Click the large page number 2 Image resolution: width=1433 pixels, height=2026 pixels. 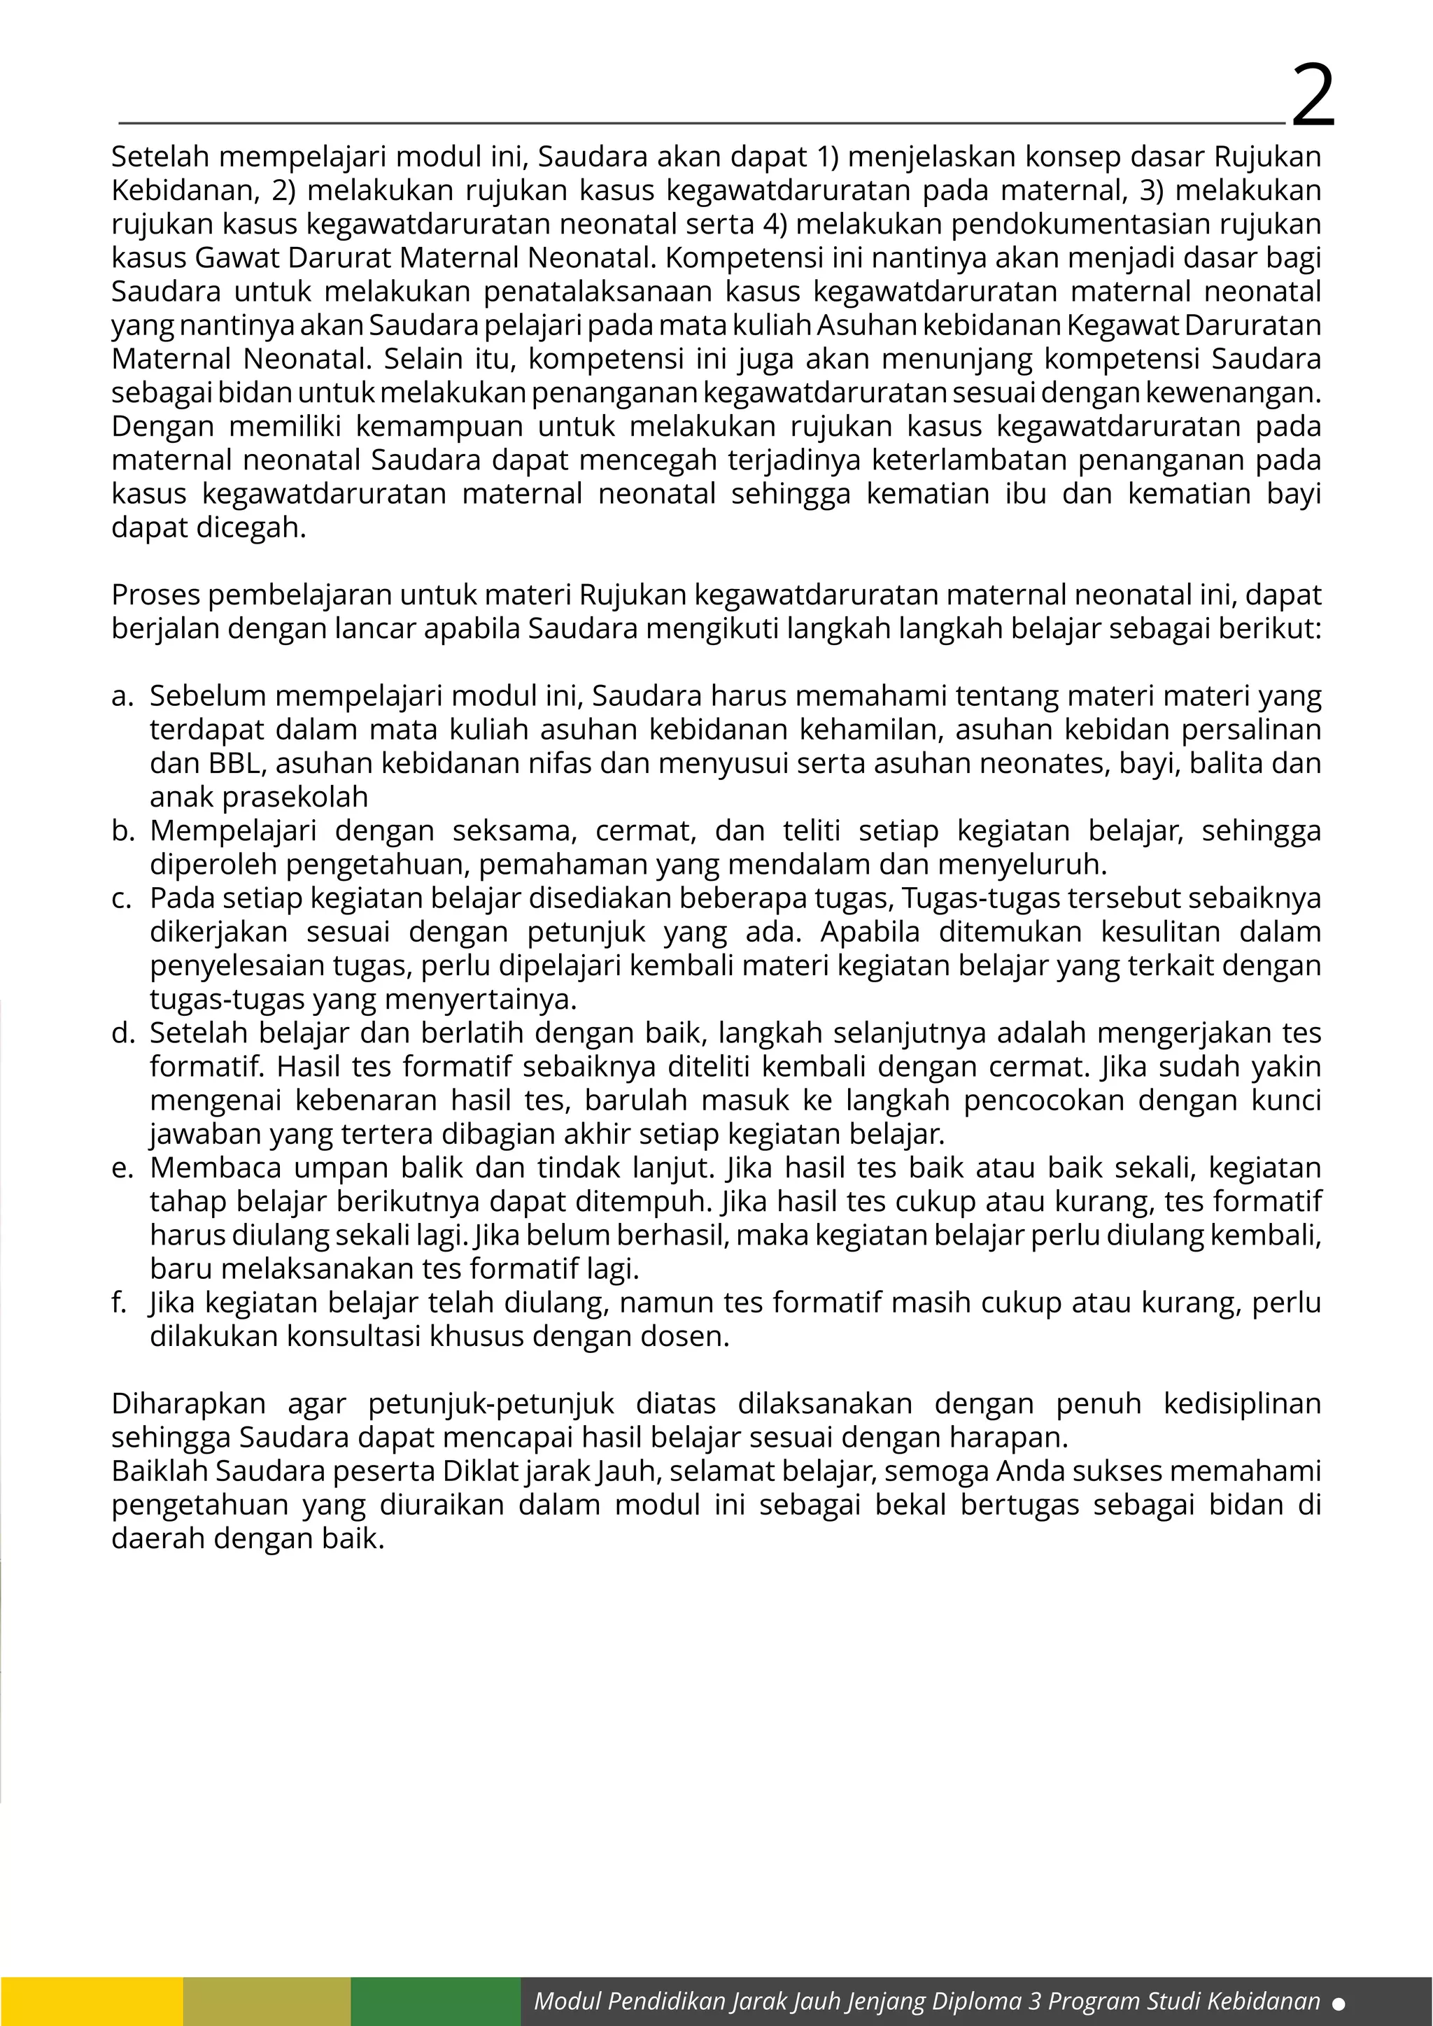pos(1313,95)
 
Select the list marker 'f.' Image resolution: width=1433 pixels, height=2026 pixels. pos(120,1303)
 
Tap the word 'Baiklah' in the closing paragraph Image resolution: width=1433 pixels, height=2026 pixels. pos(159,1471)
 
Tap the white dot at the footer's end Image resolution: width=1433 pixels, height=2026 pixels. pos(1339,2004)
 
